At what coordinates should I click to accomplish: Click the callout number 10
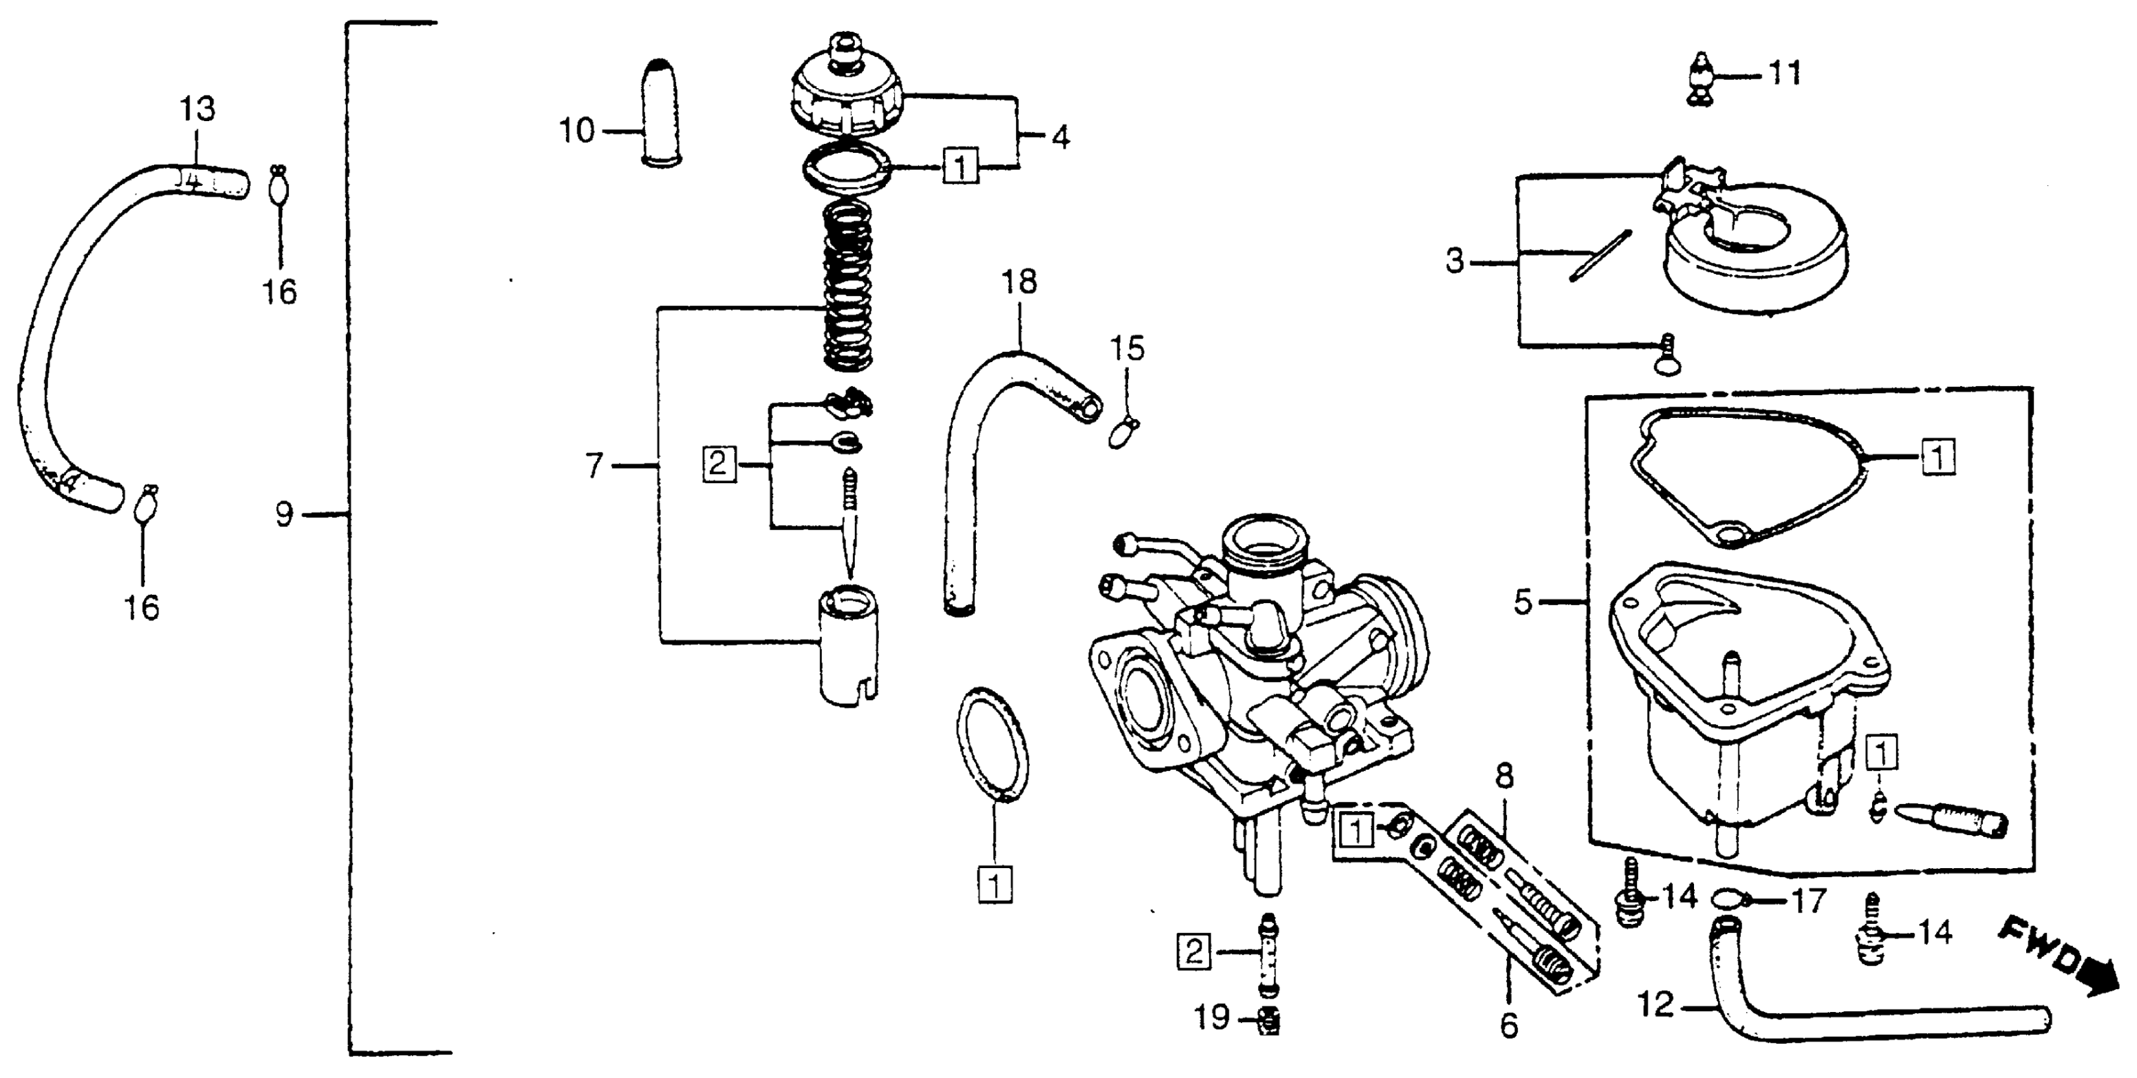(577, 131)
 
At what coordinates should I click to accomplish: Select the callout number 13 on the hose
(198, 108)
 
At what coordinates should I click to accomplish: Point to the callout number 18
(1018, 282)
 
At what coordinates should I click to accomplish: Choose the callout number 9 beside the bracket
(285, 516)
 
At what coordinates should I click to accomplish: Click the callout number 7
(593, 466)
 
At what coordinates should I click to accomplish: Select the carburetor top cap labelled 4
(847, 91)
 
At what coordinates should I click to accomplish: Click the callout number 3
(1455, 261)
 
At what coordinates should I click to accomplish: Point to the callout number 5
(1522, 602)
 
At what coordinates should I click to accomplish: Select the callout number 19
(1212, 1017)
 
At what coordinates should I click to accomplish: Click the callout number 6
(1509, 1026)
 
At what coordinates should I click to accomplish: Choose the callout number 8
(1504, 777)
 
